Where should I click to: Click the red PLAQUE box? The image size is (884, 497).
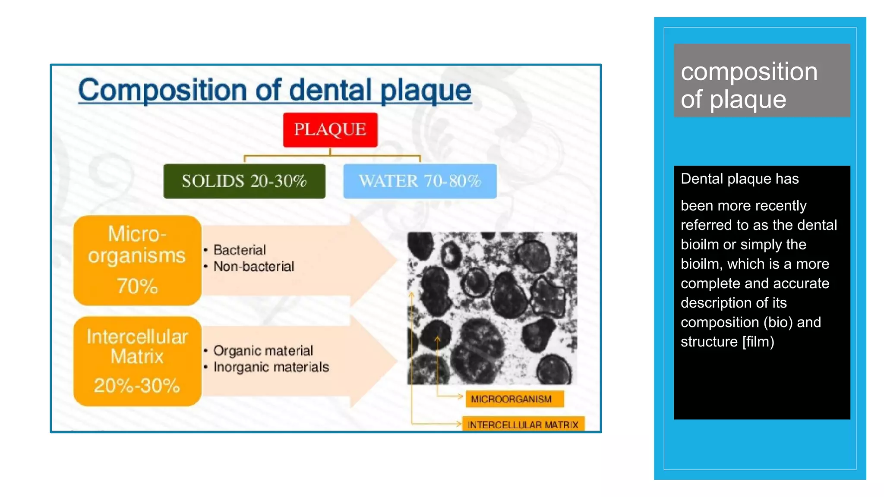click(330, 130)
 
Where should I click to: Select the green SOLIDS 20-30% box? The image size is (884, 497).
click(244, 181)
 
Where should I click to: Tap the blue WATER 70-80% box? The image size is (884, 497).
click(420, 181)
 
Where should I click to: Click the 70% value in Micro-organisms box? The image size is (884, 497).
click(137, 286)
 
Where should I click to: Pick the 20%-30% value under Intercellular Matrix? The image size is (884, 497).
click(137, 385)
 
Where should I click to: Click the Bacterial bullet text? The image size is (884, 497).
click(240, 250)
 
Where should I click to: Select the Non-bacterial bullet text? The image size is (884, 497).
click(254, 267)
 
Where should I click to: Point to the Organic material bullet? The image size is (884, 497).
click(263, 351)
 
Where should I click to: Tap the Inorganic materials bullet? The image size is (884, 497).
click(271, 367)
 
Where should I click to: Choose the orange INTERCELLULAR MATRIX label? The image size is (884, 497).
click(523, 425)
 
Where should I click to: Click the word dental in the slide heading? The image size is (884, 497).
click(330, 91)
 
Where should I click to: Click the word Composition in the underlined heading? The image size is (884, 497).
click(162, 91)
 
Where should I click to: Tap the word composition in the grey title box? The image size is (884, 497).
click(749, 72)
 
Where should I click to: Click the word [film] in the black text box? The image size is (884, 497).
click(758, 342)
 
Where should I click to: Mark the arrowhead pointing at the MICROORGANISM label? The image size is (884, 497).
click(460, 396)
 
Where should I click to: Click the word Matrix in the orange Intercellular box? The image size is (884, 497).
click(137, 357)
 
